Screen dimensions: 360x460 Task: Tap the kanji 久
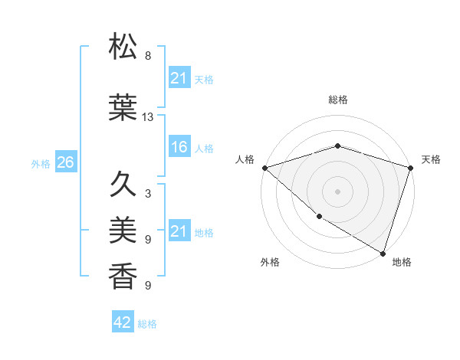[123, 184]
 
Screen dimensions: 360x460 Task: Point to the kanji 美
[123, 228]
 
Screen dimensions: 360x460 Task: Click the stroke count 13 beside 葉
[148, 117]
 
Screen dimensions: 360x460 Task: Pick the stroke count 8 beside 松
[148, 56]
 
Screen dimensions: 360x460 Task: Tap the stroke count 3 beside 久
[148, 194]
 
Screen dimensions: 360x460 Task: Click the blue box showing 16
[179, 147]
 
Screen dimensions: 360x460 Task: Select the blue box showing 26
[65, 162]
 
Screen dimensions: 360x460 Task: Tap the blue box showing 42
[123, 322]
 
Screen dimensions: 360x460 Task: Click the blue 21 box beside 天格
[179, 77]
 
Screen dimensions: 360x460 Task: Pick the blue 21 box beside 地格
[179, 231]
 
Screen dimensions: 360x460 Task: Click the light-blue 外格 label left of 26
[41, 163]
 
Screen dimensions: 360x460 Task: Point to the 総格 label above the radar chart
[337, 100]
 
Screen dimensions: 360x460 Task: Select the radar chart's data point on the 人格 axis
[264, 168]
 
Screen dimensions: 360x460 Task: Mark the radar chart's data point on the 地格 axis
[383, 252]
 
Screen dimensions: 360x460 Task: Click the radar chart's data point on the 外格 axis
[318, 217]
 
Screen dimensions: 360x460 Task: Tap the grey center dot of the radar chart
[337, 191]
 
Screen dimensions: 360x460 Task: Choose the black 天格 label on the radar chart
[431, 159]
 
